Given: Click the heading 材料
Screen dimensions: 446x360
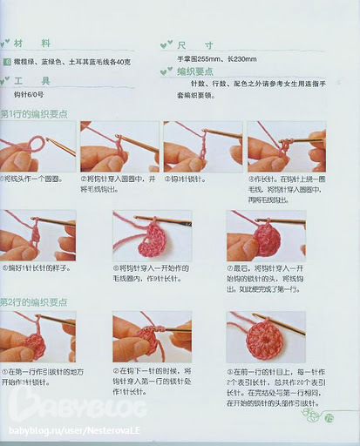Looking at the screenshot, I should (x=39, y=44).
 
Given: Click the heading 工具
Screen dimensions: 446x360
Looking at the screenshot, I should (x=39, y=80).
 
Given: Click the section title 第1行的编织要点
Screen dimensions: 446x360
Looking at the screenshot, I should (x=36, y=115).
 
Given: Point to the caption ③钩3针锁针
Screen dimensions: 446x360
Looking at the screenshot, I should (x=187, y=178).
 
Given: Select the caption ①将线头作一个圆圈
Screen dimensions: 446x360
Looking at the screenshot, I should (x=33, y=178).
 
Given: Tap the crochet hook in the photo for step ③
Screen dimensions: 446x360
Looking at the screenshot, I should (x=218, y=135).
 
